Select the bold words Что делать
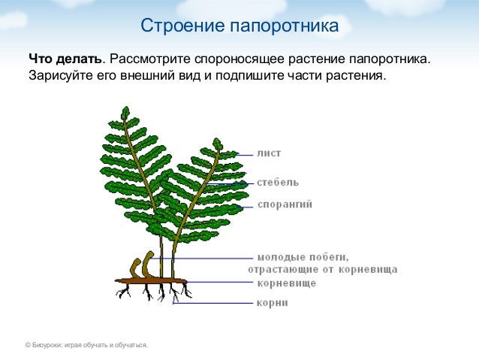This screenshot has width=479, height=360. coord(65,59)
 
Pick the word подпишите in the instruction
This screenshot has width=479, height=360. coord(247,77)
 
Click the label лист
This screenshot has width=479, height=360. coord(269,153)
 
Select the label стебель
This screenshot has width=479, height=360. coord(278,182)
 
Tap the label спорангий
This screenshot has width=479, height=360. coord(285,204)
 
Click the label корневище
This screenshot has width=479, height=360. coord(286,283)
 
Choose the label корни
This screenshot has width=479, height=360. coord(272,303)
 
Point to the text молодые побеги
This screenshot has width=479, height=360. coord(303,257)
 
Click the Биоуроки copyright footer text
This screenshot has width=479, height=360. coord(86,345)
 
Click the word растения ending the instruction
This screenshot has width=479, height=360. coord(358,77)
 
